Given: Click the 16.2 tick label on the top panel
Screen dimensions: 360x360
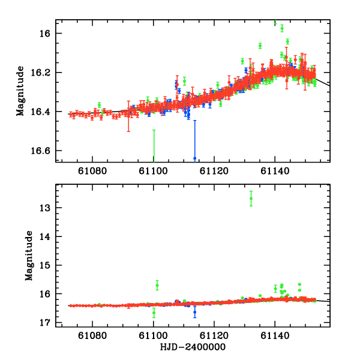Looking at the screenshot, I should pos(43,73).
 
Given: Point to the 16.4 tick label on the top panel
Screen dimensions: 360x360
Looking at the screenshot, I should pos(43,112).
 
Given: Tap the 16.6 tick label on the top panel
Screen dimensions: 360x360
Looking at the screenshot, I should pos(43,151).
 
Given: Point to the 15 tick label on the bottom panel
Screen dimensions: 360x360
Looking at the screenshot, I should pos(48,265).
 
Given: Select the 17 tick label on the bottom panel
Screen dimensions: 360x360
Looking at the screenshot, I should pos(48,322).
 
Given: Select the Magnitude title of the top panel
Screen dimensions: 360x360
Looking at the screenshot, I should pos(20,91).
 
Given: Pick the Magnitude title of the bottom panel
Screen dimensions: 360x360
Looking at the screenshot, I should pos(29,256).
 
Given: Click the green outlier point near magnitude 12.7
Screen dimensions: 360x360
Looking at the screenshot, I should pos(251,199).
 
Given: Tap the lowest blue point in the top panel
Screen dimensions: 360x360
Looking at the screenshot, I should pos(194,158).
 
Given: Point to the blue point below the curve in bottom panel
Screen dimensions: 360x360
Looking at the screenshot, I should pos(194,312).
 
